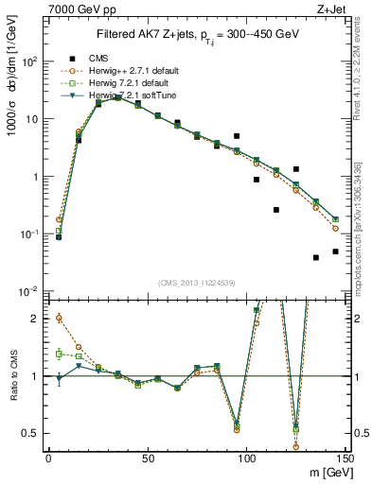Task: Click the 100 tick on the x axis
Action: point(246,458)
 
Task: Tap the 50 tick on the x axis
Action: point(147,458)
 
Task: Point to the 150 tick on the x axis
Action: point(345,458)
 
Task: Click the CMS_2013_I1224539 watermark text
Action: point(196,283)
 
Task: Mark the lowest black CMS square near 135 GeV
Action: point(316,257)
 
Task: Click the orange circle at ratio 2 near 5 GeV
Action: point(59,319)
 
